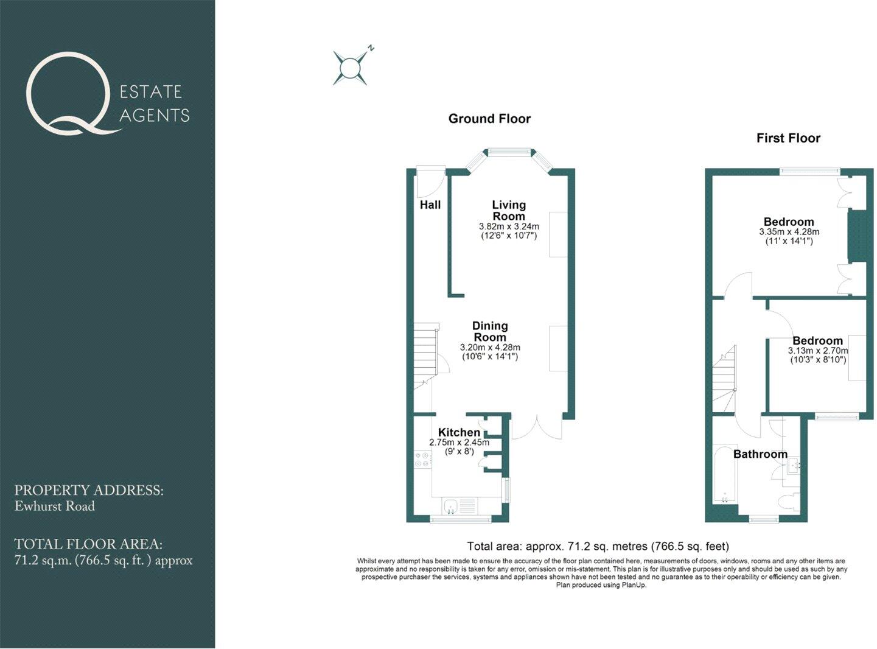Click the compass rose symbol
click(x=350, y=68)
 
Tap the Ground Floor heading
click(x=489, y=119)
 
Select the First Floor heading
click(x=788, y=138)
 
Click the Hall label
click(x=430, y=205)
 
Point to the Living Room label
click(x=509, y=211)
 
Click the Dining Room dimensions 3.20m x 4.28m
click(x=490, y=348)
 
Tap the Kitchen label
click(x=459, y=432)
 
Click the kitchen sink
click(x=452, y=505)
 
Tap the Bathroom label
click(x=760, y=454)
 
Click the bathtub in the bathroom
click(x=724, y=475)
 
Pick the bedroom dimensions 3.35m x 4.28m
click(x=789, y=232)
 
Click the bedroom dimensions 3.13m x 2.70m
click(x=818, y=351)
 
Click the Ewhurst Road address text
click(x=55, y=506)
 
